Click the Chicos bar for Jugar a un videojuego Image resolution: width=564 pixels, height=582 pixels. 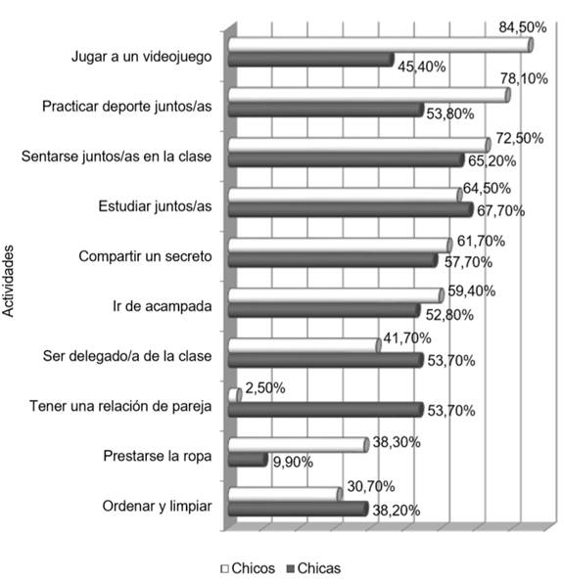(x=378, y=45)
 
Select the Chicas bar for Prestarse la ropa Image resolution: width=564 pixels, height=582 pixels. (x=247, y=460)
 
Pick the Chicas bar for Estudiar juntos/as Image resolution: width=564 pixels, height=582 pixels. (x=350, y=209)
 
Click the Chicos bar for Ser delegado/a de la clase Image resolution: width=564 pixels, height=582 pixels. (x=304, y=344)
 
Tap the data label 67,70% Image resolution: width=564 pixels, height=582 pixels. (x=500, y=209)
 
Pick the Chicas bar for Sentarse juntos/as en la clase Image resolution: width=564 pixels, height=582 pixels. (x=345, y=159)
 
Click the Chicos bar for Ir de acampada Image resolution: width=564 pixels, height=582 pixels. (x=335, y=294)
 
